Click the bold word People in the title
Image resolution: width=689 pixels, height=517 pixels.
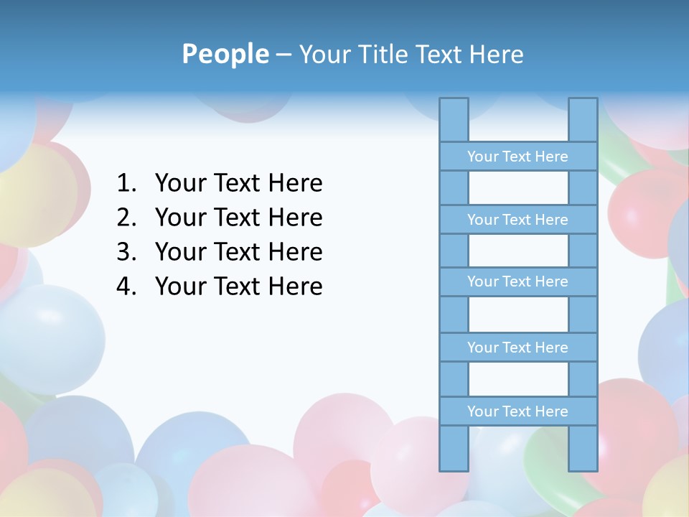[225, 54]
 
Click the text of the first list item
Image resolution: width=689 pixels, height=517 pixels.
[238, 184]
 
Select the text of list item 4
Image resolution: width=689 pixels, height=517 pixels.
[238, 287]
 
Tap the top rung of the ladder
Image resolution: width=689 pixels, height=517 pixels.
[517, 157]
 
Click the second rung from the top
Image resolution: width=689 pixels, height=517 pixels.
[517, 220]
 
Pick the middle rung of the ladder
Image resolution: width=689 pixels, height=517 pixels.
[517, 281]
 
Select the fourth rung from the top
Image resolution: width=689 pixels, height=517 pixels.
[517, 348]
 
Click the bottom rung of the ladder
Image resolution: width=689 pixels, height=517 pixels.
[517, 411]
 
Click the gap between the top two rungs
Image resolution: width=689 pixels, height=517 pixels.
[518, 188]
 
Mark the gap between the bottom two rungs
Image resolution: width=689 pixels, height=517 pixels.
[518, 379]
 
